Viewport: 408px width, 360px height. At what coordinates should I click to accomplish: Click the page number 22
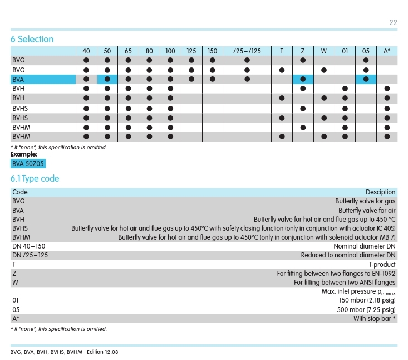[393, 22]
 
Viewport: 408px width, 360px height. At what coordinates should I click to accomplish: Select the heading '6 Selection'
[32, 39]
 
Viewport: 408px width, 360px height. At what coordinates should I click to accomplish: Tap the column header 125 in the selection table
[191, 51]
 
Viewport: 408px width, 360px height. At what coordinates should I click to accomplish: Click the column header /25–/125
[247, 51]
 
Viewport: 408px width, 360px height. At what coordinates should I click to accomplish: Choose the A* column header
[387, 51]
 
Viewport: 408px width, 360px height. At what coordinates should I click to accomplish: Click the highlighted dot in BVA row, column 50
[107, 79]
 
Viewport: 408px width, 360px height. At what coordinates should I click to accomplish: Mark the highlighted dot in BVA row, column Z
[303, 79]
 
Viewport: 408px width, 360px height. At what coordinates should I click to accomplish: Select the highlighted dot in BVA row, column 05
[366, 79]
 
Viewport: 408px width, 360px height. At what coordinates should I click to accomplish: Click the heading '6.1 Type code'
[35, 179]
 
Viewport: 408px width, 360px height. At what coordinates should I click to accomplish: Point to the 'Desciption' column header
[380, 192]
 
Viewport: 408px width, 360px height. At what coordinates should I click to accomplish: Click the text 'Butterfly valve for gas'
[365, 201]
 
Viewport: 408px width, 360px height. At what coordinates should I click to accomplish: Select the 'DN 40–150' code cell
[28, 246]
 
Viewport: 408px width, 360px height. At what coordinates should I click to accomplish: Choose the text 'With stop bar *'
[375, 319]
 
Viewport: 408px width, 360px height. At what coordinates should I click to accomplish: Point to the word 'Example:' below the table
[24, 154]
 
